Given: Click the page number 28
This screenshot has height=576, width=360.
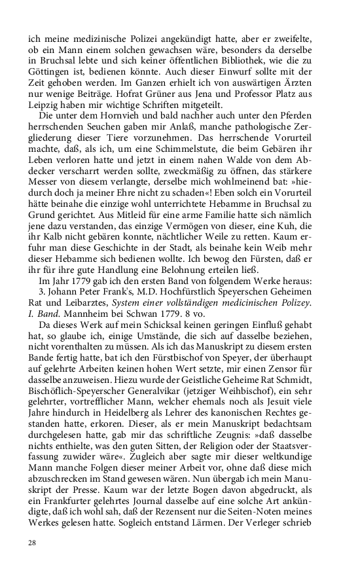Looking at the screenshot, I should click(31, 543).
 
